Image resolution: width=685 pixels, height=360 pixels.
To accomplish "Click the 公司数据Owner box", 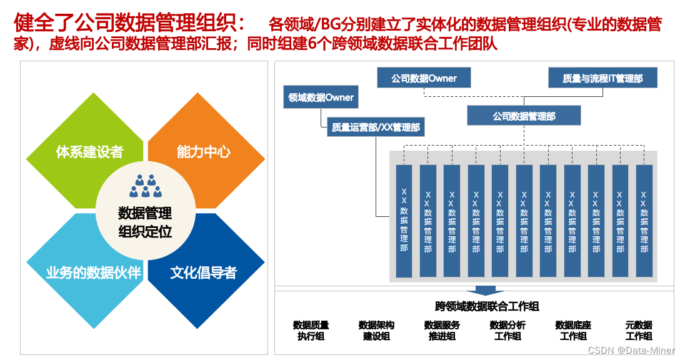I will (424, 78).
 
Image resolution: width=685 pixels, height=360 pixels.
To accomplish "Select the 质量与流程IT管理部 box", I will (602, 78).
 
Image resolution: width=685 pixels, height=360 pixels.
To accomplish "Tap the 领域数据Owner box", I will (321, 97).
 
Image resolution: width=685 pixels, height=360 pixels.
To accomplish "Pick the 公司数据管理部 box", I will (524, 116).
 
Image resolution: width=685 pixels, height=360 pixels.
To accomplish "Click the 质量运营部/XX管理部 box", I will (376, 127).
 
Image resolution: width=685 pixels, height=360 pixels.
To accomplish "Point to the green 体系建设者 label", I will (89, 152).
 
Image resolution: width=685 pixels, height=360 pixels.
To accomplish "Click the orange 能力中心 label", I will (204, 152).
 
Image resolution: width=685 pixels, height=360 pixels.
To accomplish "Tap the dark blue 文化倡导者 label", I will (204, 272).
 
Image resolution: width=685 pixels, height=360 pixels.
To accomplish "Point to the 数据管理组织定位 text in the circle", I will (145, 222).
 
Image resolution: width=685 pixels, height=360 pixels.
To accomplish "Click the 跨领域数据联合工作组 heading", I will (487, 306).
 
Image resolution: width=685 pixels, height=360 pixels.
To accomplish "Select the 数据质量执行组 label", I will (311, 331).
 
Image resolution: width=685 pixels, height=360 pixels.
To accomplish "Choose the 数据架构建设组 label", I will (376, 331).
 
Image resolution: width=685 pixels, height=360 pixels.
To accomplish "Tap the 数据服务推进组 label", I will (442, 331).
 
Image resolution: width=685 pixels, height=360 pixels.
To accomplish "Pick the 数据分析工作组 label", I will (507, 331).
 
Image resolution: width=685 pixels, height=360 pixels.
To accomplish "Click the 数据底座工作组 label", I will (573, 331).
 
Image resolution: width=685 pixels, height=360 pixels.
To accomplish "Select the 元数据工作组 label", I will (639, 331).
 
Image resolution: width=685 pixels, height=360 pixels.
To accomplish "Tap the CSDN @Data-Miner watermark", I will (631, 351).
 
